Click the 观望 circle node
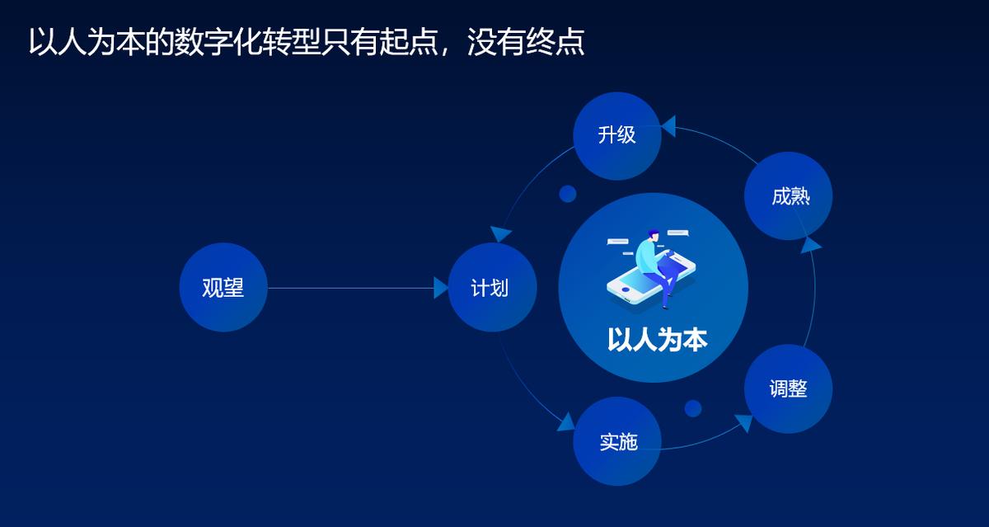[x=223, y=287]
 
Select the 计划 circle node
[x=492, y=287]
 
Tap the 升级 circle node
[x=617, y=135]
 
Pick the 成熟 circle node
[x=788, y=196]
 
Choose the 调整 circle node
[x=788, y=388]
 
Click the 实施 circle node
[x=617, y=441]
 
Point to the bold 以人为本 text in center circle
[x=657, y=340]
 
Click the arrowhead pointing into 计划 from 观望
[x=441, y=287]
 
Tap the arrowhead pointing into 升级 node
[x=668, y=126]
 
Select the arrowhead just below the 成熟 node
[x=811, y=243]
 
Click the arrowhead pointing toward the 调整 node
[x=743, y=422]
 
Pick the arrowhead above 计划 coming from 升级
[x=499, y=233]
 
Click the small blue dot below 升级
[x=567, y=194]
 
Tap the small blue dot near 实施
[x=693, y=408]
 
